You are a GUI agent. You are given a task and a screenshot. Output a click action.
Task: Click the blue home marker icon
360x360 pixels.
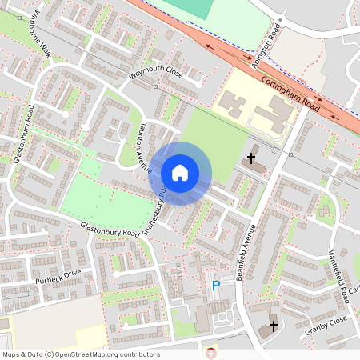(x=180, y=172)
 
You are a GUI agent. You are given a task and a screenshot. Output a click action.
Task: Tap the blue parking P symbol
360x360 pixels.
(x=215, y=286)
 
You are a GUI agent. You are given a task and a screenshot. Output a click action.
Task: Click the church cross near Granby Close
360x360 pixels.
(x=274, y=326)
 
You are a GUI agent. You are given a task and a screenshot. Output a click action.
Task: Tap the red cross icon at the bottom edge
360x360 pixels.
(x=211, y=353)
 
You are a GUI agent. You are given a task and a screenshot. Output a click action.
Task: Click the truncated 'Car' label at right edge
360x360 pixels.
(x=354, y=289)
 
